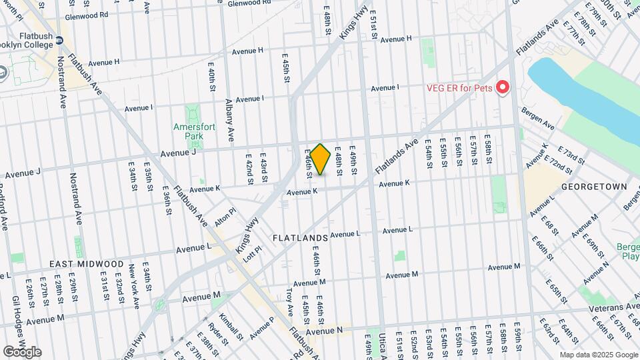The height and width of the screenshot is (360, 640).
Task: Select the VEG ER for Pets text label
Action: (x=459, y=88)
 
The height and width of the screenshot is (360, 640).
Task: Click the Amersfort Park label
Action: (x=187, y=131)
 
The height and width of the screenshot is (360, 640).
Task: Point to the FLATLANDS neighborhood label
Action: (x=300, y=238)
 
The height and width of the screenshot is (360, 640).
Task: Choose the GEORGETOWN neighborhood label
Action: (x=595, y=187)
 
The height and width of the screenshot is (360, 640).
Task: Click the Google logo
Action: (x=22, y=351)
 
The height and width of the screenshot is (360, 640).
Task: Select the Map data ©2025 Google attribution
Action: (x=599, y=355)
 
